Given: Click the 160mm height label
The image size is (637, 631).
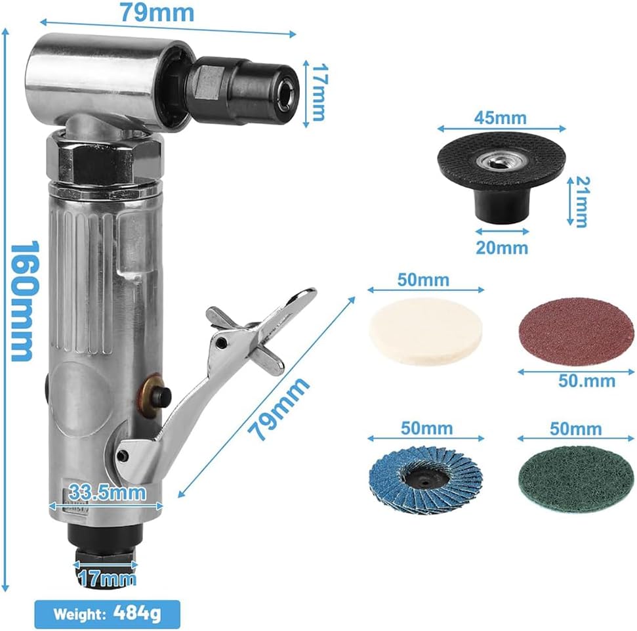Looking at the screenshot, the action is click(24, 301).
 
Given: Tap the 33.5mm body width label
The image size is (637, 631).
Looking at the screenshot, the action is click(107, 492).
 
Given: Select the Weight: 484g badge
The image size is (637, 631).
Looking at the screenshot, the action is click(107, 614).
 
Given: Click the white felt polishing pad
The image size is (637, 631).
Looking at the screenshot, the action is click(426, 332).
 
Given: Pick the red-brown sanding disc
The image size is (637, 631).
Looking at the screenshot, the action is click(577, 332).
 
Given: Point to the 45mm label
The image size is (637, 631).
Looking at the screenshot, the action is click(501, 118).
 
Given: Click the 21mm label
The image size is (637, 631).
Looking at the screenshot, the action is click(581, 202).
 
